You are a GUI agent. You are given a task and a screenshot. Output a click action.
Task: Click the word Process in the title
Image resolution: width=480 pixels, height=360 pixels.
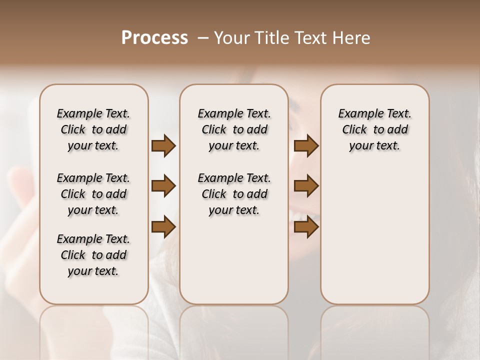[x=154, y=38]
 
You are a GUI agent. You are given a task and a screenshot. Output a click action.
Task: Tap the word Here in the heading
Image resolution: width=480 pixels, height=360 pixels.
[x=352, y=38]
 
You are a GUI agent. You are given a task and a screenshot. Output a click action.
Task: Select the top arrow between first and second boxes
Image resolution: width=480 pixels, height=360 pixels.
[x=163, y=145]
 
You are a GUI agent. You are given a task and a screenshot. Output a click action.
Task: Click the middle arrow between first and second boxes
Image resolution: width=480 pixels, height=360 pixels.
[x=163, y=186]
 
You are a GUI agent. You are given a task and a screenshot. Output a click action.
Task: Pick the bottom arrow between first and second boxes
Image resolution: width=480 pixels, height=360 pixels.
[x=163, y=226]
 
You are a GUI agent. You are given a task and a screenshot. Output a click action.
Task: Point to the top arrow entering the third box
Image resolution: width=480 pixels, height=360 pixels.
[x=306, y=145]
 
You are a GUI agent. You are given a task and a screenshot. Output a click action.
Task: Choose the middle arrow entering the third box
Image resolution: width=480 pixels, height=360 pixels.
[x=306, y=186]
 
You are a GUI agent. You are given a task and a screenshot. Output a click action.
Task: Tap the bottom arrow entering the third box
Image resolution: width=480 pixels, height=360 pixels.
[x=306, y=226]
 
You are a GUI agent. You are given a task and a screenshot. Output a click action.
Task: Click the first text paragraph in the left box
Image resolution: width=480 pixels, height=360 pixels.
[x=93, y=129]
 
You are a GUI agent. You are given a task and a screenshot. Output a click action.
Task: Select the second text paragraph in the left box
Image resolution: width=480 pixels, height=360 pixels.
[x=93, y=194]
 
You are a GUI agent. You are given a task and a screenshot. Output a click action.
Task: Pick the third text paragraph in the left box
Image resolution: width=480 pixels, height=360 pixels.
[x=93, y=255]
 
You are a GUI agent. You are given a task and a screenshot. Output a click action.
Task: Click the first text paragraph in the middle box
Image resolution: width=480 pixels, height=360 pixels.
[x=234, y=129]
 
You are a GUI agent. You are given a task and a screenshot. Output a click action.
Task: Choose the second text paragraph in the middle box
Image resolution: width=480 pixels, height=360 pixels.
[x=234, y=194]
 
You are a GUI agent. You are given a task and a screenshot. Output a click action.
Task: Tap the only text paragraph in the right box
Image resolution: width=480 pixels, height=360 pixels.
[x=375, y=129]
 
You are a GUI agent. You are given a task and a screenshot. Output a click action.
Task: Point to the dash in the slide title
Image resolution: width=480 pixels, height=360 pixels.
[x=202, y=38]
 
